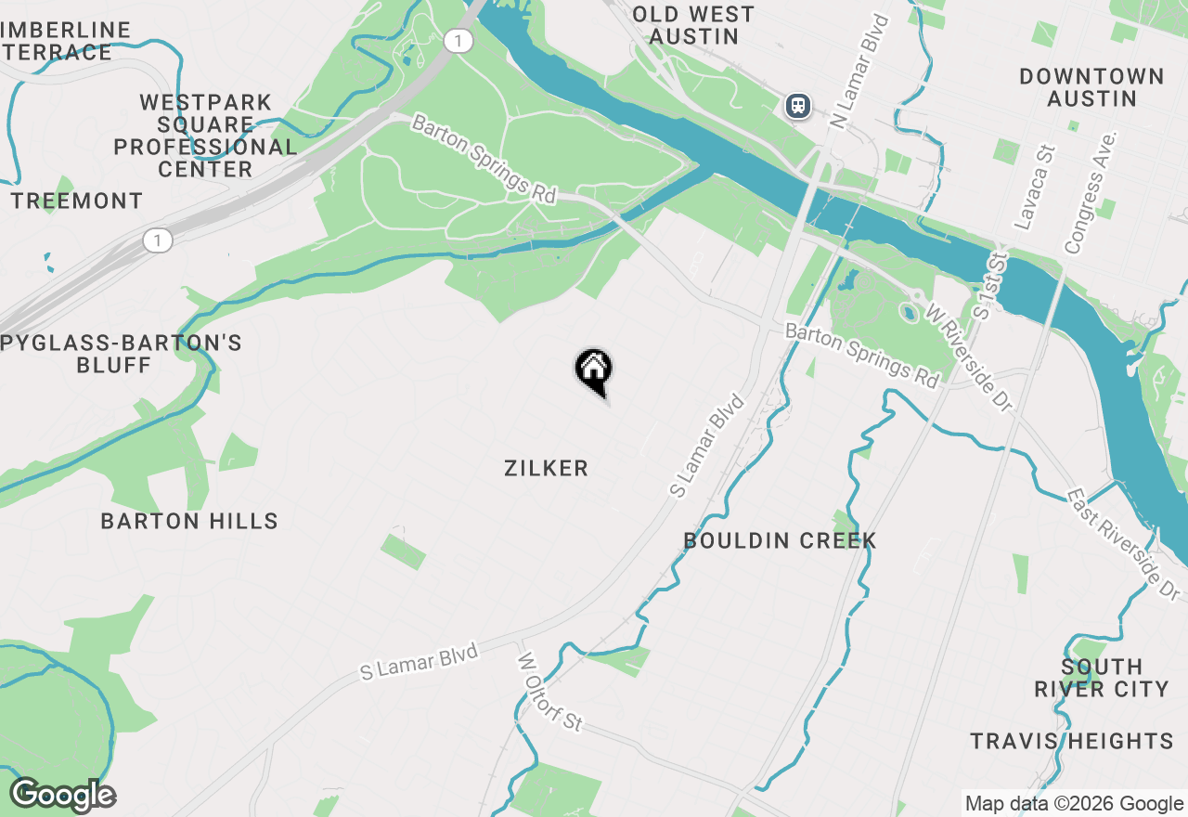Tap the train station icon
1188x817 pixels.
coord(797,106)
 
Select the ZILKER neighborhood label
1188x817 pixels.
coord(546,468)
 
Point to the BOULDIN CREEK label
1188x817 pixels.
coord(780,540)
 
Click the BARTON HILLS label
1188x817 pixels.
coord(189,521)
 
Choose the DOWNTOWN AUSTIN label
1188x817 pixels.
coord(1091,87)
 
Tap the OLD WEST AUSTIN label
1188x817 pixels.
coord(693,25)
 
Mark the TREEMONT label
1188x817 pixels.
coord(77,201)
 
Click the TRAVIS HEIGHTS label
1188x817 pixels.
coord(1072,741)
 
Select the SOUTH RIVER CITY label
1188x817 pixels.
coord(1101,678)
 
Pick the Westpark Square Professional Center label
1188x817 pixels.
coord(206,136)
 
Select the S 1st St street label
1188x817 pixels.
coord(988,282)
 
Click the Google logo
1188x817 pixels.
coord(62,795)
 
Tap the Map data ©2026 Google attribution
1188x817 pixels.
coord(1074,804)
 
